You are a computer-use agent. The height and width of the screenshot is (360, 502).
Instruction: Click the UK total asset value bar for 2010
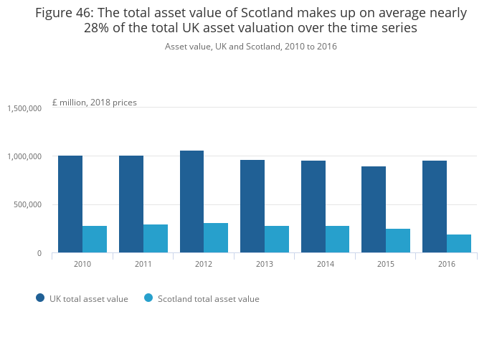70,204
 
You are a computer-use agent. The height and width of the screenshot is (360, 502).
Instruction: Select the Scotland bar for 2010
95,240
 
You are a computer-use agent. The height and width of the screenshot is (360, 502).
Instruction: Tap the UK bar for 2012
191,202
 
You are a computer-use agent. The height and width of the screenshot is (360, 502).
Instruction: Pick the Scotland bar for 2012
216,238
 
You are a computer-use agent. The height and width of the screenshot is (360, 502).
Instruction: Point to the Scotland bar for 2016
459,244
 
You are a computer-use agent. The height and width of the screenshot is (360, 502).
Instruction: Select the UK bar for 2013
252,207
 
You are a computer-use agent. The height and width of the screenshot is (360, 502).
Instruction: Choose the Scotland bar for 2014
337,240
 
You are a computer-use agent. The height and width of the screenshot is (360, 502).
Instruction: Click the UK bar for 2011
131,204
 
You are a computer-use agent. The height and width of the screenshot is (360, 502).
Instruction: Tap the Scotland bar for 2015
398,241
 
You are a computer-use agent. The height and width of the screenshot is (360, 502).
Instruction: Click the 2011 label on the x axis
143,264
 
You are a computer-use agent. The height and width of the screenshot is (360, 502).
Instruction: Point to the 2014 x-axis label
325,264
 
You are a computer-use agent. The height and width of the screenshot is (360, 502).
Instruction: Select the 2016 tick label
446,264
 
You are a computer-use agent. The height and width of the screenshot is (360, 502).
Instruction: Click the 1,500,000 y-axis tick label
24,108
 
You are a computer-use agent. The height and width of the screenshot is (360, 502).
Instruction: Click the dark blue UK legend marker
40,298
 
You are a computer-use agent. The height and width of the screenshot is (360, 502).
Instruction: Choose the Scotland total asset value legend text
208,299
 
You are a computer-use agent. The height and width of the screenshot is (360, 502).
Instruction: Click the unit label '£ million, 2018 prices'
95,103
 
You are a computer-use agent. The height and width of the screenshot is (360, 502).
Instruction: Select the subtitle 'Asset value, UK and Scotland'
251,47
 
